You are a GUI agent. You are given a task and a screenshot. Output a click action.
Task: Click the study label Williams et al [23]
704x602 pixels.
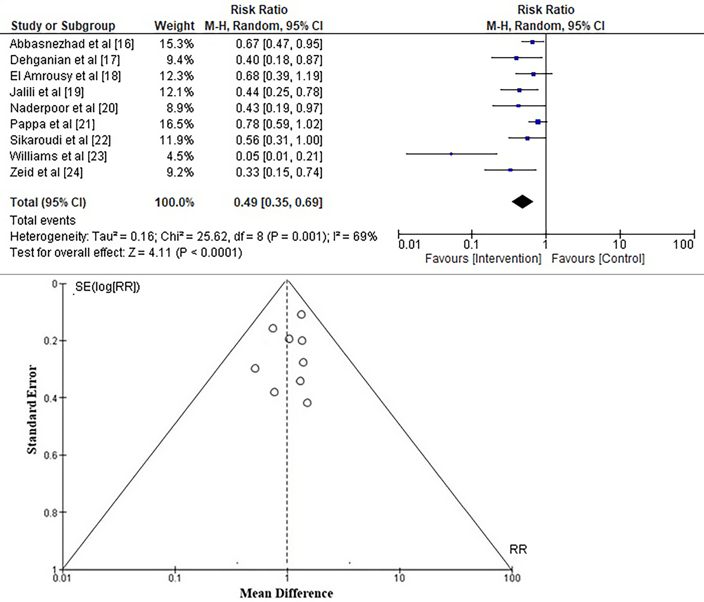click(58, 156)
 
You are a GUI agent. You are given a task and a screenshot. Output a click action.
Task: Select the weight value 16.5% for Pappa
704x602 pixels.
click(176, 124)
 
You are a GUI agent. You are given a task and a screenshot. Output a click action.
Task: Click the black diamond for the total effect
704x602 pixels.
click(522, 202)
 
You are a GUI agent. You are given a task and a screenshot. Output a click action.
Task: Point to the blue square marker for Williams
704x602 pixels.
click(451, 154)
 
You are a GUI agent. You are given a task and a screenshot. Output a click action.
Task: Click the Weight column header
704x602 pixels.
click(174, 26)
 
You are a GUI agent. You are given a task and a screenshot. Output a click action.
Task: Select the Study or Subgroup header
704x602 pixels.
click(63, 26)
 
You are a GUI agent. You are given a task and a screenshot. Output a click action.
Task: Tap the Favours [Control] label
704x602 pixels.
click(598, 259)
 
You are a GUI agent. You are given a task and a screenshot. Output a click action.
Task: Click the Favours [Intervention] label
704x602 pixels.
click(483, 259)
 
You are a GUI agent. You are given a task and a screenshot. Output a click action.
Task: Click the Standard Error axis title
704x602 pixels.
click(32, 409)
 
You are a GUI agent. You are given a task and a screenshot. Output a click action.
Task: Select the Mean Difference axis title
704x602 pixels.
click(286, 593)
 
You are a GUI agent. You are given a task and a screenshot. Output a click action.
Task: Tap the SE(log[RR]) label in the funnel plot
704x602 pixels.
click(107, 287)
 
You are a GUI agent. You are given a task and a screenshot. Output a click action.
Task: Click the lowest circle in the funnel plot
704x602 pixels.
click(307, 403)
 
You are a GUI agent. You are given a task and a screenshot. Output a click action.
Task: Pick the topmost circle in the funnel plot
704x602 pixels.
click(301, 314)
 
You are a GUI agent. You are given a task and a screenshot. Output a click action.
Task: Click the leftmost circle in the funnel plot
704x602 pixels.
click(255, 368)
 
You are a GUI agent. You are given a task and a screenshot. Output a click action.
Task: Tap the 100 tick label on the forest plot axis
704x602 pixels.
click(683, 244)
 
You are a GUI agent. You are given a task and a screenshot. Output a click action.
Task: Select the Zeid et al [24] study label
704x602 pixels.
click(46, 172)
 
